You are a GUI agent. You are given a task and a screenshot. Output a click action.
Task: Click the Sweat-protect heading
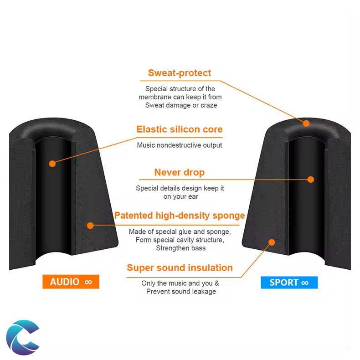coord(180,73)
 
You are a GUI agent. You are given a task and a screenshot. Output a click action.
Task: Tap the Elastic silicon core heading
coord(180,129)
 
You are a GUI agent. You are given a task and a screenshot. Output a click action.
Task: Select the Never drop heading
coord(180,172)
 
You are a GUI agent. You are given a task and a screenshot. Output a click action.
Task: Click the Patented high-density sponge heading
coord(180,216)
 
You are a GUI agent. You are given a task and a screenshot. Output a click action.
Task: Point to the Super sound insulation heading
coord(180,267)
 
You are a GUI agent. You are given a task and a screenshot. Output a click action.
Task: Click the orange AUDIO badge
coord(71,282)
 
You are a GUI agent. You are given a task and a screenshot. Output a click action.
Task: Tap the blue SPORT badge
coord(289,283)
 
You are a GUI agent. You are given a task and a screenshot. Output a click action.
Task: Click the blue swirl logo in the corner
coord(23,337)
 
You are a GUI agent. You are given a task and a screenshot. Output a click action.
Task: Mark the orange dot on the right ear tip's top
coord(306,123)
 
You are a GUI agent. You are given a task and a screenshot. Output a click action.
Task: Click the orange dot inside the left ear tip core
coord(52,163)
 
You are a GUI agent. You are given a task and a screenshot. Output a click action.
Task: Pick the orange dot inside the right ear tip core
coord(311,180)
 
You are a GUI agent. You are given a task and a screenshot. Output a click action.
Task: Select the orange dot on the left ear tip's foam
coord(90,225)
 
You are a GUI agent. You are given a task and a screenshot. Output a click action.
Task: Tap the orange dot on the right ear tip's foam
coord(272,242)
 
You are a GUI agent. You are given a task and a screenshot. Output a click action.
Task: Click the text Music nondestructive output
coord(180,145)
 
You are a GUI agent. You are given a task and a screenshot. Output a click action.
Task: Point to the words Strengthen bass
coord(180,248)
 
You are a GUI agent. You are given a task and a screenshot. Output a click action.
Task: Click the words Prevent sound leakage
coord(181,292)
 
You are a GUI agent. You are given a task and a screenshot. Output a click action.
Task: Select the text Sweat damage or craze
coord(181,105)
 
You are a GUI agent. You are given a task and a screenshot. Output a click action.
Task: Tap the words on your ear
coord(180,197)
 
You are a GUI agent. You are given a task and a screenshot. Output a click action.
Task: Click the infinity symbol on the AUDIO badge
coord(88,282)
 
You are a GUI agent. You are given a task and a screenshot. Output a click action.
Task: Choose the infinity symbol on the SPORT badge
coord(305,283)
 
